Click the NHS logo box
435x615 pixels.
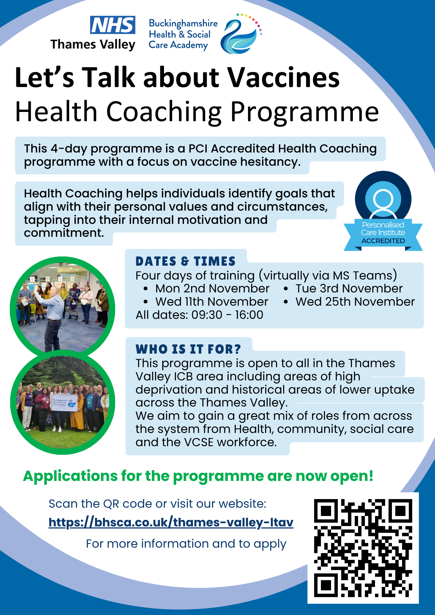click(113, 25)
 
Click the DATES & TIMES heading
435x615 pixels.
click(186, 261)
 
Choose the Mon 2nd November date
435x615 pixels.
click(212, 288)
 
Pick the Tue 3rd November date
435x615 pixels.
click(349, 288)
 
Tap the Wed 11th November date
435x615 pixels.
click(212, 302)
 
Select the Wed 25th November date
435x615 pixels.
click(355, 302)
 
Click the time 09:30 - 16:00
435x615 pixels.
click(227, 315)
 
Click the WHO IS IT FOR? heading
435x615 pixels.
click(188, 349)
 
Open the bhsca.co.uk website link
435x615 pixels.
click(171, 522)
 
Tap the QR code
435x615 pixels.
click(363, 548)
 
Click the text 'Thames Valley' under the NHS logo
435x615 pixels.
click(93, 45)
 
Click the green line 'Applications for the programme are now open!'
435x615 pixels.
click(198, 476)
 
